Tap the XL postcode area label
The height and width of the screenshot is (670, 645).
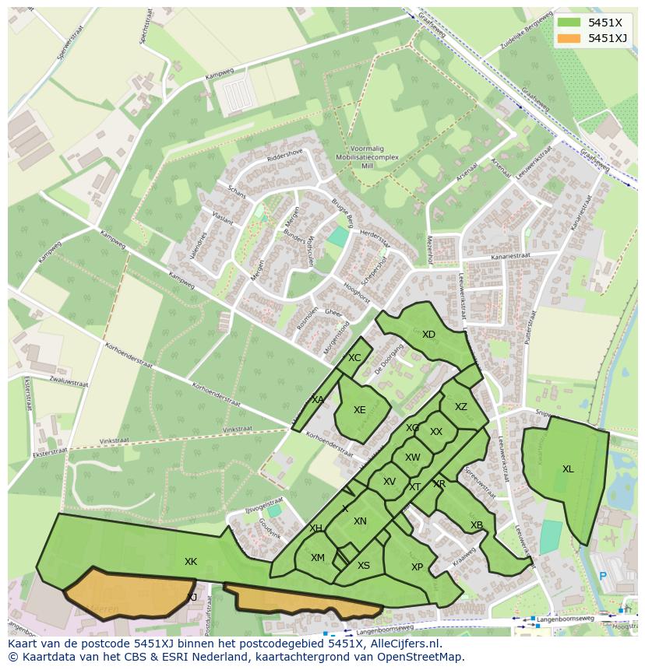568,469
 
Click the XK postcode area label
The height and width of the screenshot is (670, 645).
191,562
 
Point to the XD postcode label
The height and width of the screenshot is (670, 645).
428,335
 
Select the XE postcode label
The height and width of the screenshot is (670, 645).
359,410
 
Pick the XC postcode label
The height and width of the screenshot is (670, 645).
354,358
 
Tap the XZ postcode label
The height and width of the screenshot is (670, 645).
461,407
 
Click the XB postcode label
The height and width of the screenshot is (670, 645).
477,525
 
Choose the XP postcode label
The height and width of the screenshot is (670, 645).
417,567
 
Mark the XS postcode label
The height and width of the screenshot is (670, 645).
364,566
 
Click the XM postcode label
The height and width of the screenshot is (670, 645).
318,558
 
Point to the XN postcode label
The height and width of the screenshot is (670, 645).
360,521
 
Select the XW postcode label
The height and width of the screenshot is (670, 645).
413,458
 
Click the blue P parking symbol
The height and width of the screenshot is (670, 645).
602,577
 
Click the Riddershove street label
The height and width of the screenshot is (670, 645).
284,155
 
